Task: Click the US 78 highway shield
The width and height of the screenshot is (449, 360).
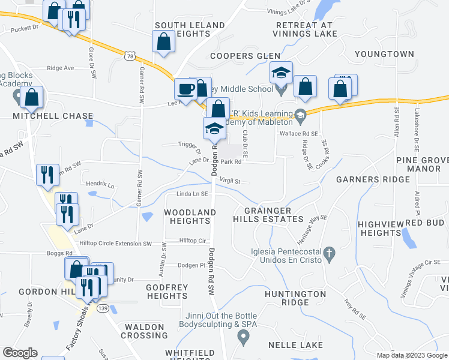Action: coord(130,56)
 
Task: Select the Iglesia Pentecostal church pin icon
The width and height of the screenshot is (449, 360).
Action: coord(329,254)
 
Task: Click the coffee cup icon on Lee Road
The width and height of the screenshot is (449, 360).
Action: coord(185,89)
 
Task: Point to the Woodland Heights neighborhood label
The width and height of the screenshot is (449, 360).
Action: coord(190,217)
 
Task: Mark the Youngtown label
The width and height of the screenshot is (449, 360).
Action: coord(384,54)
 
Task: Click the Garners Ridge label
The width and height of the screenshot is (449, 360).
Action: coord(366,179)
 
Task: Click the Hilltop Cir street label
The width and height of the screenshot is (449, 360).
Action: coord(192,241)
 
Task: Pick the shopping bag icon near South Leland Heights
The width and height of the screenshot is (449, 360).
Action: coord(164,43)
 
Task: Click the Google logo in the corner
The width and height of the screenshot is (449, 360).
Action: coord(20,353)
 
